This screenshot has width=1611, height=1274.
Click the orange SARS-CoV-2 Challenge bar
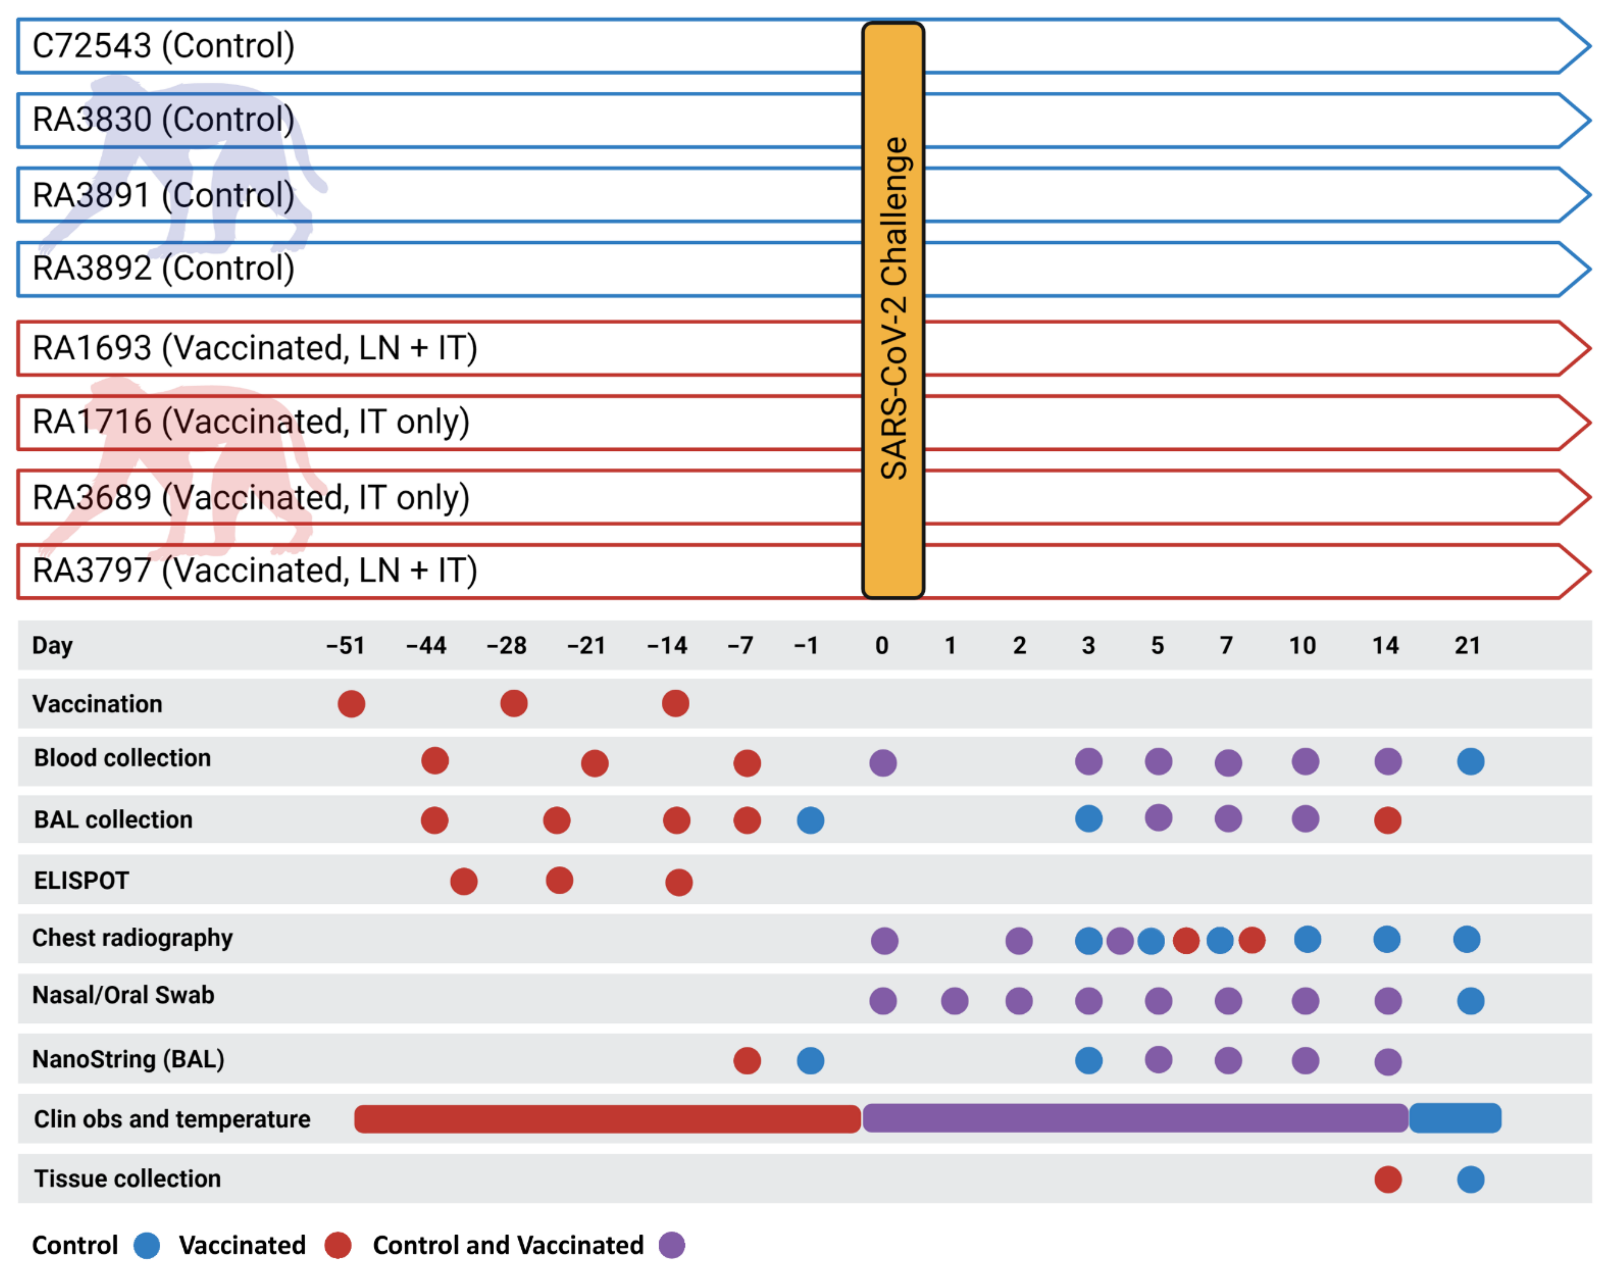tap(893, 309)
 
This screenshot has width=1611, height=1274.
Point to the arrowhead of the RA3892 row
tap(1574, 269)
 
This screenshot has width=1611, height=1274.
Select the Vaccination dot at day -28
tap(514, 703)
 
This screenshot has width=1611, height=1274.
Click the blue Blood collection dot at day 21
tap(1470, 762)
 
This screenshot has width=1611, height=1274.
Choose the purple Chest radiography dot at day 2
tap(1019, 941)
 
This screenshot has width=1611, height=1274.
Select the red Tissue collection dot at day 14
tap(1387, 1179)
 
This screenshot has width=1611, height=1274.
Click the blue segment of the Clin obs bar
tap(1454, 1118)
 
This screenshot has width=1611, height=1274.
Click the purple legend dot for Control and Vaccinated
tap(671, 1245)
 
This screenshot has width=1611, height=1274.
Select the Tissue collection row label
tap(127, 1179)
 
